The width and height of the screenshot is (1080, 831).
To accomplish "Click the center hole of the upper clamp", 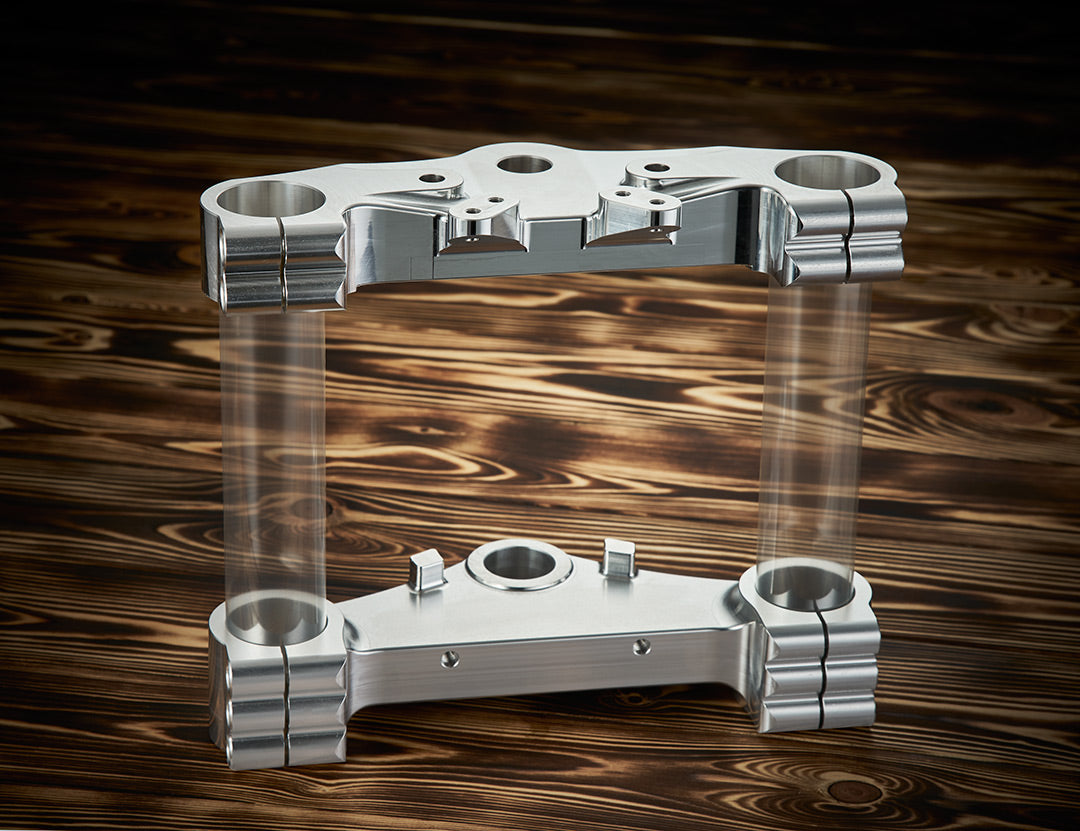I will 524,164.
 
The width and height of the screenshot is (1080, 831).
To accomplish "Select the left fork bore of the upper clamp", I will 271,198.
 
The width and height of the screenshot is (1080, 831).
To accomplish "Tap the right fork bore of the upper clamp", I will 827,172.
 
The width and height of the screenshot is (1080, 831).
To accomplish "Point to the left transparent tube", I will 273,450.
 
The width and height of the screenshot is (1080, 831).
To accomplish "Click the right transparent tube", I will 812,420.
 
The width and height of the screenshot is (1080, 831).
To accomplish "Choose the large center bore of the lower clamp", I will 519,564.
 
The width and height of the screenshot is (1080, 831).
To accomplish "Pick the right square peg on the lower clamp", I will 619,558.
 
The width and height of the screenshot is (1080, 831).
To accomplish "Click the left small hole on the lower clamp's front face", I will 450,658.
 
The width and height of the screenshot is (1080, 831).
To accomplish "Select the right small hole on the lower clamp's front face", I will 641,647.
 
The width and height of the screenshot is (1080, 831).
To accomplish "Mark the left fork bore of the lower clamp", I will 276,618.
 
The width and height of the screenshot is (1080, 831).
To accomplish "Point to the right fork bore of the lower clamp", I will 805,586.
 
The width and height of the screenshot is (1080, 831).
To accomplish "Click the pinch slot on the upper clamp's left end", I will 283,265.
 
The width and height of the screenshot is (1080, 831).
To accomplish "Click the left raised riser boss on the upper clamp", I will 483,218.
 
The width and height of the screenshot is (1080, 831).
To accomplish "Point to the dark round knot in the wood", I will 853,791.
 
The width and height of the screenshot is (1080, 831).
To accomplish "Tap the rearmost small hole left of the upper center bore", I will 433,178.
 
